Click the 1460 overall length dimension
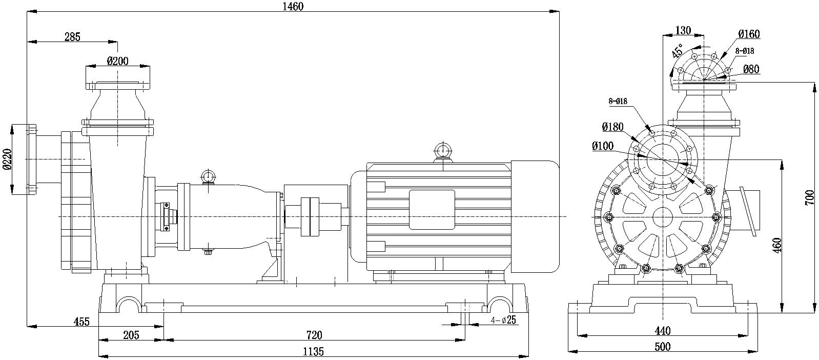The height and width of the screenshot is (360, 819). [293, 6]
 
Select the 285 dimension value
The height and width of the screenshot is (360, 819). [73, 36]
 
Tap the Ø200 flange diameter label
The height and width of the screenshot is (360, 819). [117, 61]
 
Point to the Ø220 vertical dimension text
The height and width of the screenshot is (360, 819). [7, 159]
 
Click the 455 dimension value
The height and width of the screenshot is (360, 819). [81, 322]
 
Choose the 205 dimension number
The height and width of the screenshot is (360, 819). [132, 335]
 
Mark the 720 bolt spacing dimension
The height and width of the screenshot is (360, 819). [314, 335]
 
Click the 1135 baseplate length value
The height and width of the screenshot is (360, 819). [313, 352]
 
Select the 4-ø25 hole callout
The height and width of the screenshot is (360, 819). [503, 321]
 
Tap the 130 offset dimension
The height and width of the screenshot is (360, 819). [683, 31]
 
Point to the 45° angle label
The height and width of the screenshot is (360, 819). [678, 51]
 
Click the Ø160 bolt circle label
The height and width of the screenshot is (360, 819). [749, 34]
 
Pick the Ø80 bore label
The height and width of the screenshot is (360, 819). [750, 69]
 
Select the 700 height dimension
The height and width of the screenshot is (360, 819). [809, 197]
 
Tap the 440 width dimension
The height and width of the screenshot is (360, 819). [663, 331]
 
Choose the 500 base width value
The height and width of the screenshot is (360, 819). [663, 347]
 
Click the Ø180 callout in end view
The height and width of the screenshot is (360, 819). [612, 126]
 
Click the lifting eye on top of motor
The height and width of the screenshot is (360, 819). [442, 152]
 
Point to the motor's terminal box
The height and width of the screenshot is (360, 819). [432, 209]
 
